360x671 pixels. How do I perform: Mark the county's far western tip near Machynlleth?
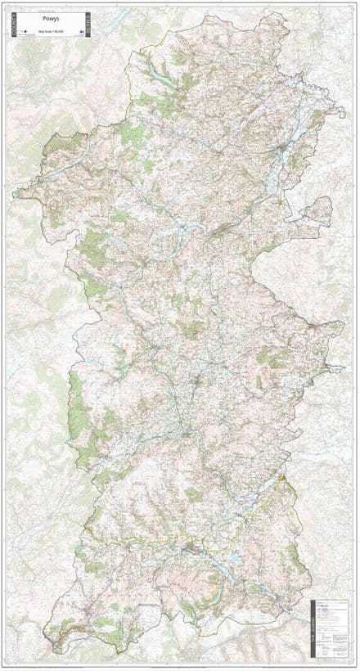tap(16, 194)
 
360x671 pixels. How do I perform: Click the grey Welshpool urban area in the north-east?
tap(281, 151)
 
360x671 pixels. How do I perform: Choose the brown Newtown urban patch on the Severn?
tap(218, 232)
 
